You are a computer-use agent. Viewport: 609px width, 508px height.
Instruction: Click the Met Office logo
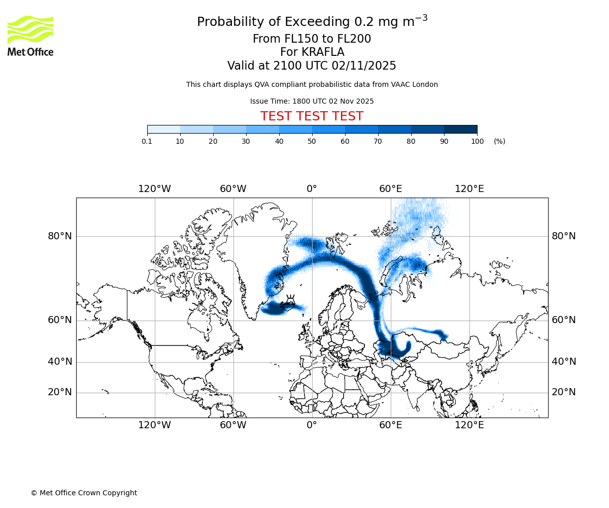coord(30,36)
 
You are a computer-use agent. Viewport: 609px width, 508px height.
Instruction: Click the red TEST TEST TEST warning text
coord(312,116)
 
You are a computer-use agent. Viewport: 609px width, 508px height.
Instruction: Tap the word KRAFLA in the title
coord(322,52)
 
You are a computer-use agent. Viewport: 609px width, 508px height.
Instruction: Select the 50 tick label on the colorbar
coord(312,141)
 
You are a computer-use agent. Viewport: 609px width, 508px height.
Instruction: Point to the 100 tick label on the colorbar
coord(477,141)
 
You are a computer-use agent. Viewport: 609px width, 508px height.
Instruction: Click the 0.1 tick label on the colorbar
coord(147,141)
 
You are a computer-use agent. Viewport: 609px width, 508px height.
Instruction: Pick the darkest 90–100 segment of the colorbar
coord(460,129)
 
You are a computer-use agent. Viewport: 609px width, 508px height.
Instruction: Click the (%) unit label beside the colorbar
coord(499,141)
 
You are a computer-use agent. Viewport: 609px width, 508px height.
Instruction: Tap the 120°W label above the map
coord(154,189)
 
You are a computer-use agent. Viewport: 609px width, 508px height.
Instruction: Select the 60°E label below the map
coord(390,425)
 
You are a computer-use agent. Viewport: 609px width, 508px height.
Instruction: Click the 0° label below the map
coord(312,425)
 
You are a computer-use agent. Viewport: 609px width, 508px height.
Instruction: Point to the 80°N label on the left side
coord(60,236)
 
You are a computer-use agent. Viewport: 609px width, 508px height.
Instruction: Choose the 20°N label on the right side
coord(564,392)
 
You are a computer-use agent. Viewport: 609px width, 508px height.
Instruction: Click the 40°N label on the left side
coord(60,362)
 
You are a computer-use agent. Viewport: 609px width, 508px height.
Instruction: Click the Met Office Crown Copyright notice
coord(84,493)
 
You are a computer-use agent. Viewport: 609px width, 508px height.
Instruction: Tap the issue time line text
coord(312,101)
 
